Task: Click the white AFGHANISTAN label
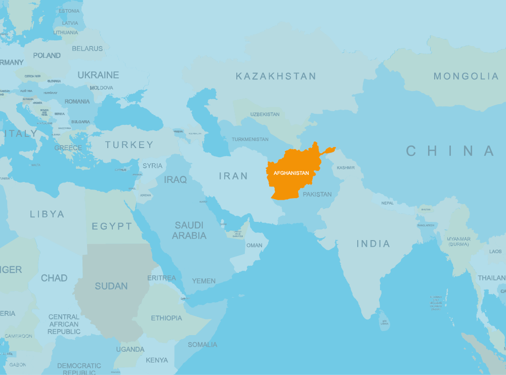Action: click(291, 173)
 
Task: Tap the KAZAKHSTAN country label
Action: click(276, 76)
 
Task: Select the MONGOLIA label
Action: click(466, 76)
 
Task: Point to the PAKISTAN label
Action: click(317, 194)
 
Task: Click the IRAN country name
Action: click(233, 176)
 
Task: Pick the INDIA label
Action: click(373, 244)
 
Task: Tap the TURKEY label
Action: click(129, 145)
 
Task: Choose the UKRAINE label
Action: click(98, 75)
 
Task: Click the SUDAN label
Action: click(111, 286)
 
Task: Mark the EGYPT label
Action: click(112, 226)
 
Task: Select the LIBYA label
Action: click(47, 214)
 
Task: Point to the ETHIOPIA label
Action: click(166, 318)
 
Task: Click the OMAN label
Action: click(255, 246)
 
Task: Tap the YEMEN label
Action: click(203, 281)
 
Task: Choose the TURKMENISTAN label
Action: click(250, 139)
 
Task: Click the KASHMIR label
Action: click(346, 168)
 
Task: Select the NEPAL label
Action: click(388, 203)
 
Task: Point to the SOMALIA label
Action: click(202, 345)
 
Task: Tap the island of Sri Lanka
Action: click(384, 321)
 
